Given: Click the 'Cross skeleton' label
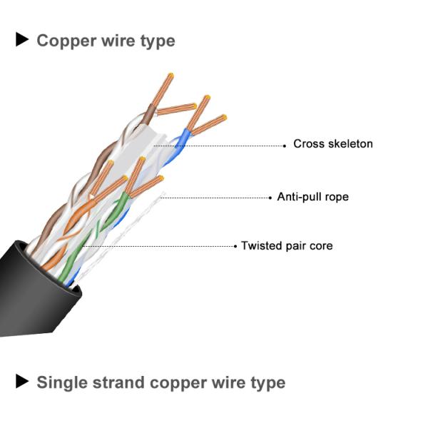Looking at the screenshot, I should tap(332, 144).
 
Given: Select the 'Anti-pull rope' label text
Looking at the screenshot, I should tap(312, 196).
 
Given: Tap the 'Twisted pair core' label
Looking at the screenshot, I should tap(286, 246).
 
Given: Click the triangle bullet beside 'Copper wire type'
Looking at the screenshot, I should tap(22, 40).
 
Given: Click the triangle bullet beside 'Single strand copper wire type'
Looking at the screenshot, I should tap(22, 382).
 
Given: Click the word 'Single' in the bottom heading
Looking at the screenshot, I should tap(62, 382).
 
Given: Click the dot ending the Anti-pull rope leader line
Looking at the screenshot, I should tap(269, 197).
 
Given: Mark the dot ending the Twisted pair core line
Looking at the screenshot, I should tap(234, 246).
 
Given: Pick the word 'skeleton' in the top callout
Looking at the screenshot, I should tap(349, 144).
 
